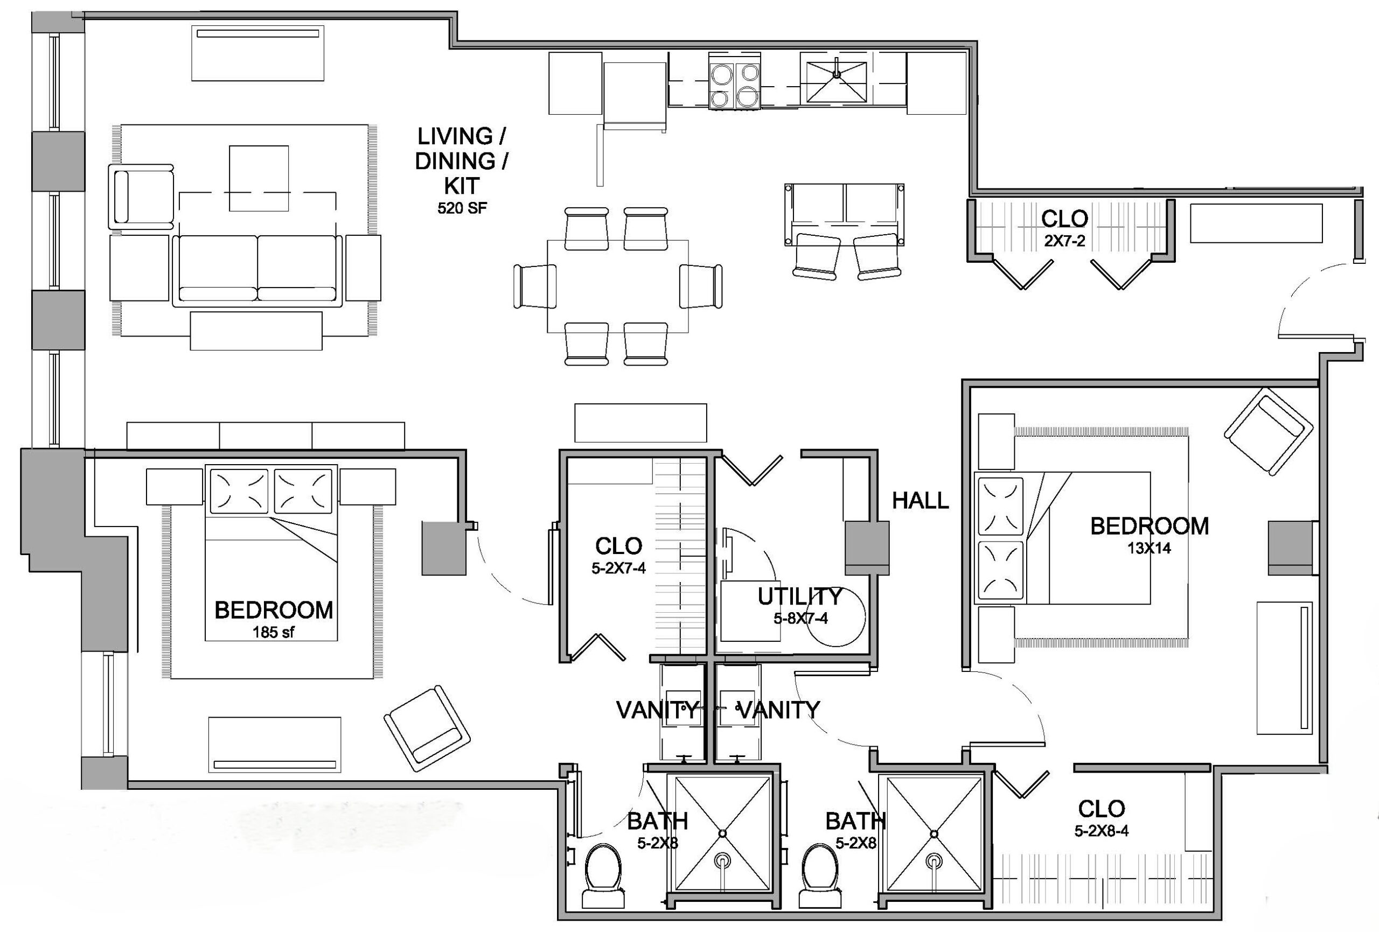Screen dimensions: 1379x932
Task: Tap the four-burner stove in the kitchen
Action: click(x=735, y=81)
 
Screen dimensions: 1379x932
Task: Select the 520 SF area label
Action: click(x=462, y=208)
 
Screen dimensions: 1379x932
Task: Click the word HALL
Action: click(x=921, y=501)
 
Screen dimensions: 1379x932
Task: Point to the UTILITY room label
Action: click(x=800, y=596)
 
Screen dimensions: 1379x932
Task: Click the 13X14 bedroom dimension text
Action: click(x=1150, y=548)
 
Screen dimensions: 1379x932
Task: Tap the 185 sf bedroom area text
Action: click(x=274, y=633)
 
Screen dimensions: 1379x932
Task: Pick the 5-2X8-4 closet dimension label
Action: click(x=1101, y=831)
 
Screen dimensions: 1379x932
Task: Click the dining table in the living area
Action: click(x=618, y=286)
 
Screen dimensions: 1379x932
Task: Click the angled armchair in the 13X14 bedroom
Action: click(x=1268, y=431)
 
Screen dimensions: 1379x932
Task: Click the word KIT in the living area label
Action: click(x=462, y=186)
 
